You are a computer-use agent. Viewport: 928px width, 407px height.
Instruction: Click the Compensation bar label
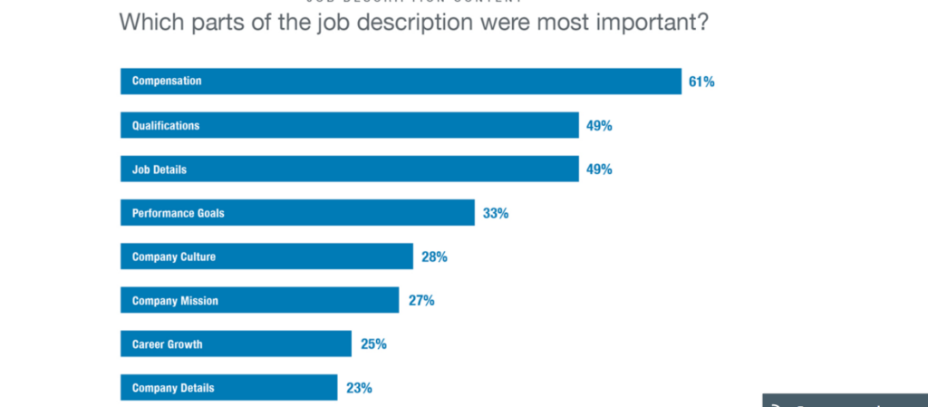(x=167, y=82)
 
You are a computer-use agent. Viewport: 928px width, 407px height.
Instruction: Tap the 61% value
(x=701, y=82)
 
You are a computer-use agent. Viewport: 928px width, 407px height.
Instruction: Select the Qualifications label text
(x=166, y=125)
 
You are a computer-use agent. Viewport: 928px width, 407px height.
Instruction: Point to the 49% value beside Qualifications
(x=599, y=125)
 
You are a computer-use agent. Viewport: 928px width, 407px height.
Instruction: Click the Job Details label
(x=159, y=170)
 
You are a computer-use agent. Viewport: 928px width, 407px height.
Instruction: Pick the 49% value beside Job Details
(x=599, y=170)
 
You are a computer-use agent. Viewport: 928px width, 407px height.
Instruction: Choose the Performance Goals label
(x=178, y=213)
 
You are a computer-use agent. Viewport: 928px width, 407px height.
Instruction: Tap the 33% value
(x=496, y=213)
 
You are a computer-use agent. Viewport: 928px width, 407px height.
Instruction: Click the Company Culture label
(x=174, y=257)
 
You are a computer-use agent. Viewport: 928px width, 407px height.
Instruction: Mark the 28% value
(x=434, y=257)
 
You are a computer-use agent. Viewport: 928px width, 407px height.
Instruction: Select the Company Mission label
(x=175, y=300)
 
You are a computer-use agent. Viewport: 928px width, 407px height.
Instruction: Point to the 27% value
(x=420, y=300)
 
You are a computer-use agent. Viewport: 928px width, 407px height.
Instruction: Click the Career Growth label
(x=167, y=344)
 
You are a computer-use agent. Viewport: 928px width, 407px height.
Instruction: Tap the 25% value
(x=373, y=344)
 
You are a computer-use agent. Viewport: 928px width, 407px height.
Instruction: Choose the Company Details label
(x=173, y=388)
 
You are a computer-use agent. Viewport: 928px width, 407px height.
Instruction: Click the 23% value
(x=359, y=388)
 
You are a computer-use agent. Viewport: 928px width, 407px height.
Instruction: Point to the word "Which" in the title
(x=148, y=22)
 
